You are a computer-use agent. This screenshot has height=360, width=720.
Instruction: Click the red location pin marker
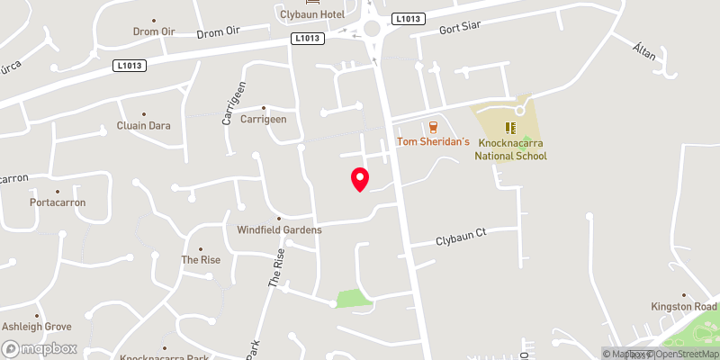tap(360, 179)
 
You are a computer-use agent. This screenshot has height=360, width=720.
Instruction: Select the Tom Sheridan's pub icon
tap(434, 127)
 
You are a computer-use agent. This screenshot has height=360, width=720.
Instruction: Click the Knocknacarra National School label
tap(510, 149)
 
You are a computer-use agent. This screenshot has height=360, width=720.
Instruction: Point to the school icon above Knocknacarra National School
tap(510, 128)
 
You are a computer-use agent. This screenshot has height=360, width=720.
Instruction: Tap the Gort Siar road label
tap(462, 28)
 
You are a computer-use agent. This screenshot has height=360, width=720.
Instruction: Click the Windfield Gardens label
tap(279, 230)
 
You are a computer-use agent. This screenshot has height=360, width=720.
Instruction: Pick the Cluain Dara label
tap(144, 126)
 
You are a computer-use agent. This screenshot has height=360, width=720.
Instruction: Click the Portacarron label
tap(57, 202)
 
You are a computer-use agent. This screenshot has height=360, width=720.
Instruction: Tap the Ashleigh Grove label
tap(37, 327)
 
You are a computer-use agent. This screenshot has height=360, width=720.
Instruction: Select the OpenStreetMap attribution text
tap(686, 354)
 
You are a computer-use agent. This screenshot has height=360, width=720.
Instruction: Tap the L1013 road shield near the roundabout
tap(407, 18)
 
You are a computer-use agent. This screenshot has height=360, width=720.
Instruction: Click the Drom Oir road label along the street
tap(220, 33)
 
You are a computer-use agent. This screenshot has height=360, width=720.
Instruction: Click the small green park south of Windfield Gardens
tap(353, 299)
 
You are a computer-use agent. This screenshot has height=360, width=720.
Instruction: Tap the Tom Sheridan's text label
tap(434, 142)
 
